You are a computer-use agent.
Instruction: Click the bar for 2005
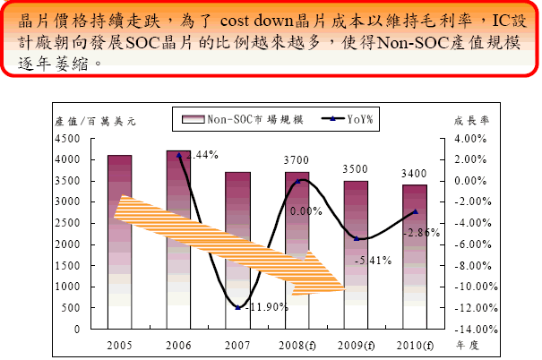(119, 242)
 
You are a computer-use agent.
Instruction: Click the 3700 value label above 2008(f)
(297, 159)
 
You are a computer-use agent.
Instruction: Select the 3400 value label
(414, 173)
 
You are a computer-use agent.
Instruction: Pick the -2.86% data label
(421, 233)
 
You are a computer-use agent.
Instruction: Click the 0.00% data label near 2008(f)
(305, 211)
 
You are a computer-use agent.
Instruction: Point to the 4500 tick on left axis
(67, 139)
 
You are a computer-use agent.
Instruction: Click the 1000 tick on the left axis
(67, 287)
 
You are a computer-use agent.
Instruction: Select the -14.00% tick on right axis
(463, 330)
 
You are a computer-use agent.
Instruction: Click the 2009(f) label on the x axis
(356, 343)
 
